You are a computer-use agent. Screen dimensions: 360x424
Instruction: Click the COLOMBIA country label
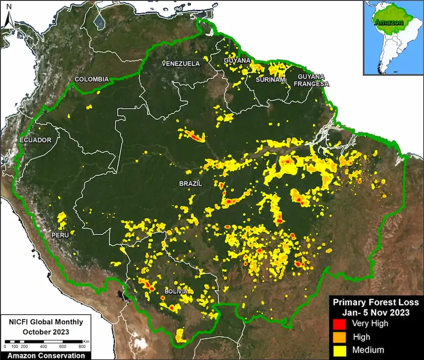[x=91, y=80]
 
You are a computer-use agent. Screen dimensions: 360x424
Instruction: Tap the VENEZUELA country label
[x=181, y=64]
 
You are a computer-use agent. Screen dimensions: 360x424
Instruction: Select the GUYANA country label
[x=237, y=61]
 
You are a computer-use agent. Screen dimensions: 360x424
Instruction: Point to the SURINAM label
[x=271, y=80]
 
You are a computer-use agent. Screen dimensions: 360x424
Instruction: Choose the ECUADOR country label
[x=36, y=140]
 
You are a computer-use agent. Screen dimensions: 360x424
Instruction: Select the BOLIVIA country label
[x=175, y=292]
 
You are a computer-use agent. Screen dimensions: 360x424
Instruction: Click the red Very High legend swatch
[x=338, y=323]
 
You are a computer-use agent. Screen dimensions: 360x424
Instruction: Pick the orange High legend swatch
[x=338, y=337]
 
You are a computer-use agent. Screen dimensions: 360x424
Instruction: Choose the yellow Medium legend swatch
[x=338, y=349]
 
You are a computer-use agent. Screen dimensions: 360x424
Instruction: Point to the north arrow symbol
[x=8, y=20]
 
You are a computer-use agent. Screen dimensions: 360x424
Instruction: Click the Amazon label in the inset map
[x=388, y=23]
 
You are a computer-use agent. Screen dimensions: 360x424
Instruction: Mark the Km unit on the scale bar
[x=86, y=340]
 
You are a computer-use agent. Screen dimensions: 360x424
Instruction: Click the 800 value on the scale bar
[x=82, y=346]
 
